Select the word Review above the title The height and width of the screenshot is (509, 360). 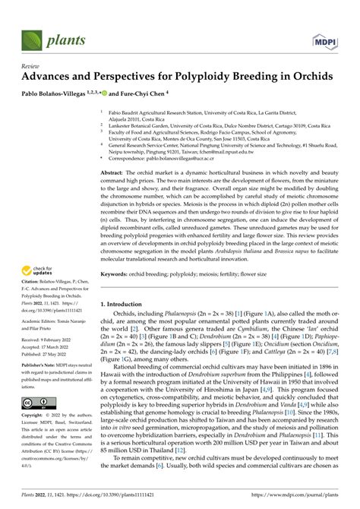tap(21, 66)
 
